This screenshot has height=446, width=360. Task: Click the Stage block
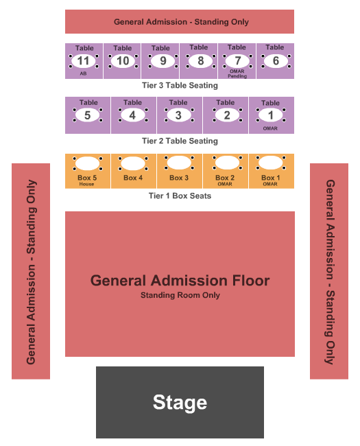coord(180,402)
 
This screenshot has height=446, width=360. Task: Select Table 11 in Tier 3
coord(84,61)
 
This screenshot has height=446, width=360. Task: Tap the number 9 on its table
coord(163,61)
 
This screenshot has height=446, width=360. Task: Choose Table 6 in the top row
coord(275,61)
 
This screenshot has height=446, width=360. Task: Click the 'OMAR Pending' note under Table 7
coord(237,73)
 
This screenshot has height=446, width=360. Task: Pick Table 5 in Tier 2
coord(88,115)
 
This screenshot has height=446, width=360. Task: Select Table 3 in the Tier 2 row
coord(180,115)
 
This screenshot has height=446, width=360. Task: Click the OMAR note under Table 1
coord(270,128)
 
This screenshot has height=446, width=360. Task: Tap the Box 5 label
coord(87,178)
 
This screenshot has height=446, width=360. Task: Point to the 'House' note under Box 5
coord(86,184)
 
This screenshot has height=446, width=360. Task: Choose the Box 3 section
coord(180,172)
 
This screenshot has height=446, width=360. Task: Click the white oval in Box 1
coord(271,163)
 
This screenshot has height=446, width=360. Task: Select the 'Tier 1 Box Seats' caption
coord(180,196)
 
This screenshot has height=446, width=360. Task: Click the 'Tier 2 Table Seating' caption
coord(180,141)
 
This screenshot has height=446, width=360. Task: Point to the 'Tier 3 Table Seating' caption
coord(180,85)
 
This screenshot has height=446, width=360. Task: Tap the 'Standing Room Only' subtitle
coord(180,295)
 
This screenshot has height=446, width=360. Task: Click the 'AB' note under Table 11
coord(83,73)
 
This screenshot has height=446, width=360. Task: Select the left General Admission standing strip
coord(31,271)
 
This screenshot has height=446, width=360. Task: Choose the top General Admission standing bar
coord(180,22)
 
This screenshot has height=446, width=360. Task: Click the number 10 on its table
coord(123,61)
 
